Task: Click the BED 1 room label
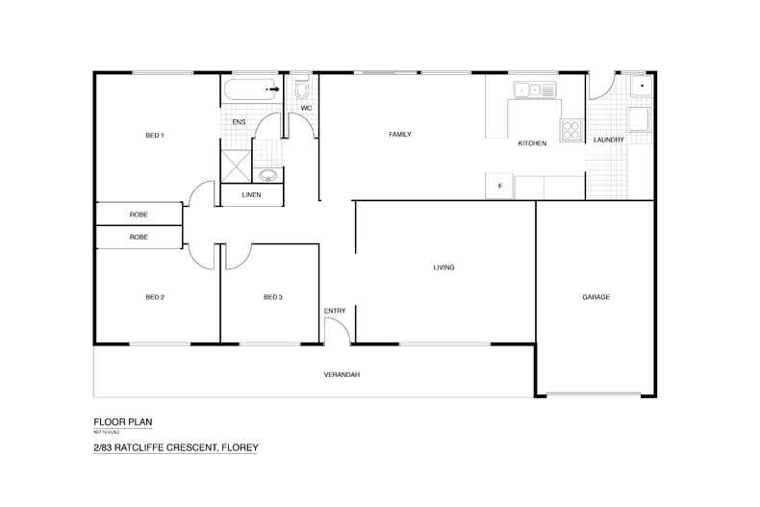155,136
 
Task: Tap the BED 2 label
155,297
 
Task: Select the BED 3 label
273,297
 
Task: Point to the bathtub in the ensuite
250,89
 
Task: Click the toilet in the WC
302,89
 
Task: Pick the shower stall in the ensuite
236,166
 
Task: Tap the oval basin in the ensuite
268,174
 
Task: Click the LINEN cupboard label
251,195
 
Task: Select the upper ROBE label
139,215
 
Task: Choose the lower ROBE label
139,237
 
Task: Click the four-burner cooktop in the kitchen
571,130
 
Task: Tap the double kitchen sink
535,89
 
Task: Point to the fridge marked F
499,186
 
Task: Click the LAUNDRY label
609,140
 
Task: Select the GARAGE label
596,297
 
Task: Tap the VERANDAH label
342,374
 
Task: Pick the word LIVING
444,267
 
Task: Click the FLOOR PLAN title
123,422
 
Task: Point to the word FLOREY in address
240,447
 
